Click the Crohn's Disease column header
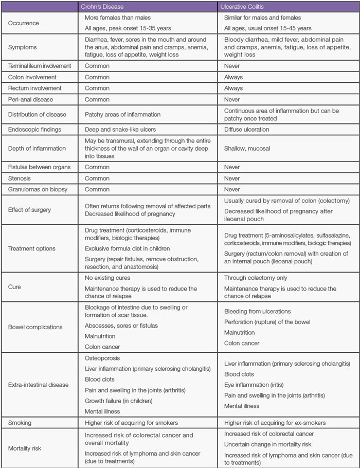[x=104, y=7]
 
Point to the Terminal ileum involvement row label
[x=40, y=66]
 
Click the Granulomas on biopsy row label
[x=35, y=189]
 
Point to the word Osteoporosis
[x=103, y=358]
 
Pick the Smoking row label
[x=19, y=423]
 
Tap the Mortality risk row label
[x=24, y=448]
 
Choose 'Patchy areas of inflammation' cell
[x=123, y=114]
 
